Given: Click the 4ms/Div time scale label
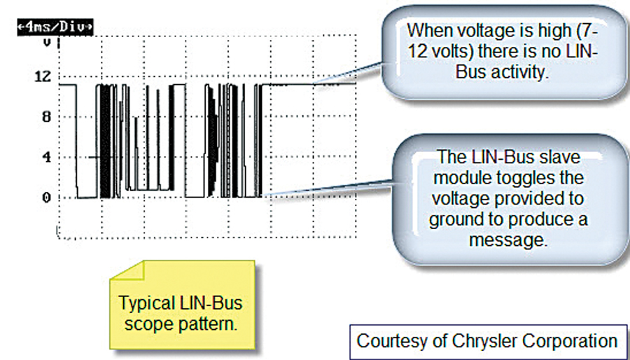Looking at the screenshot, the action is tap(55, 27).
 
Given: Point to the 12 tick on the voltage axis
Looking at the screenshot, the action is tap(43, 76).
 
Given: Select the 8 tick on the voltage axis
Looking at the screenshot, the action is tap(47, 117).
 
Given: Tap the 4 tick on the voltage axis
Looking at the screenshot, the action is tap(47, 157).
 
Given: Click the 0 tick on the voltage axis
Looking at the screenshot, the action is tap(47, 198).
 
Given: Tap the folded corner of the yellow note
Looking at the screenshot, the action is tap(128, 270).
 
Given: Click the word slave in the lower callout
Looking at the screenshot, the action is tap(559, 156).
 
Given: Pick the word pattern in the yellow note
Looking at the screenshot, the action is tap(206, 323).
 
